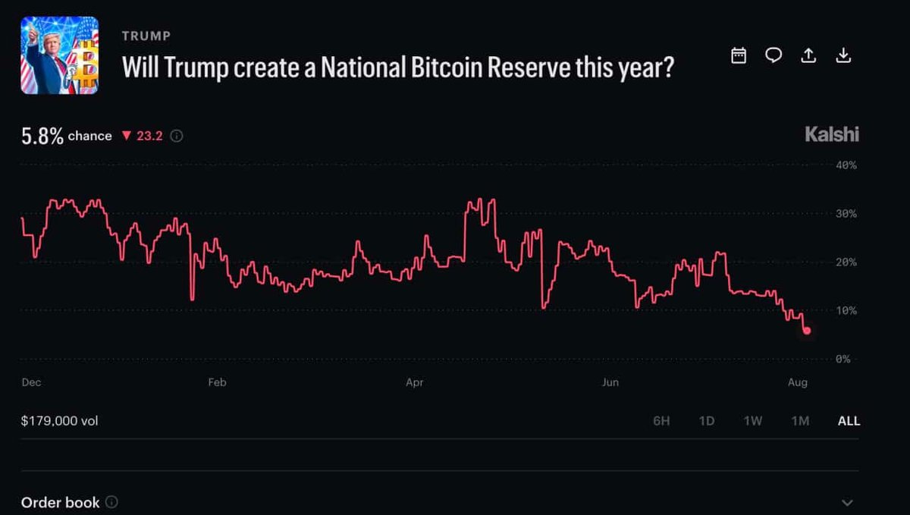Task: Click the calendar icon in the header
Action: click(x=739, y=55)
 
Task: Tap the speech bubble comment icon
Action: click(x=773, y=55)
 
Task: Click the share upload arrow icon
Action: click(x=808, y=55)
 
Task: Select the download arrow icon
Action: click(x=843, y=55)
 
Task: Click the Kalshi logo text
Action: click(x=832, y=134)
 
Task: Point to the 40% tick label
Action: click(x=846, y=165)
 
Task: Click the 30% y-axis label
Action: click(x=846, y=214)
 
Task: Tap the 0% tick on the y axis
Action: click(x=843, y=359)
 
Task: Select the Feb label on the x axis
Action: click(x=217, y=382)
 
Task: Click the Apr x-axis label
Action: click(x=414, y=382)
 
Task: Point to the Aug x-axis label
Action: click(x=798, y=382)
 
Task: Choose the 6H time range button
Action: click(x=661, y=421)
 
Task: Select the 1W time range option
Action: click(x=753, y=421)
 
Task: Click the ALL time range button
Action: click(x=849, y=421)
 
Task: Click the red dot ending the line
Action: click(x=807, y=331)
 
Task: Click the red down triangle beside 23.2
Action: click(x=127, y=135)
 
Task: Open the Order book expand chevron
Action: click(x=847, y=503)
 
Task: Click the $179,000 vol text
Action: click(x=59, y=421)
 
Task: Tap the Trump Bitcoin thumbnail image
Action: click(x=60, y=55)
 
